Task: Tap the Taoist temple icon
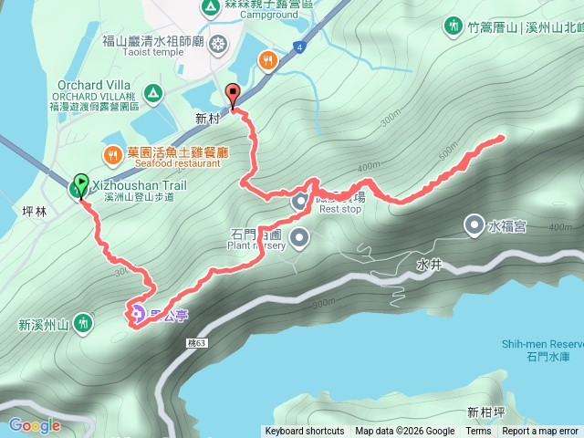pyautogui.click(x=218, y=43)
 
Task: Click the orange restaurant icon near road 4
pyautogui.click(x=266, y=61)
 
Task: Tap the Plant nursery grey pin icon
pyautogui.click(x=301, y=239)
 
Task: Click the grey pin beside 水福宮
pyautogui.click(x=474, y=224)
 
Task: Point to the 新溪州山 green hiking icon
pyautogui.click(x=84, y=322)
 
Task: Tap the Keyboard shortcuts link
pyautogui.click(x=305, y=432)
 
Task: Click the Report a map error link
pyautogui.click(x=540, y=432)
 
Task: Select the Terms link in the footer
pyautogui.click(x=478, y=432)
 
